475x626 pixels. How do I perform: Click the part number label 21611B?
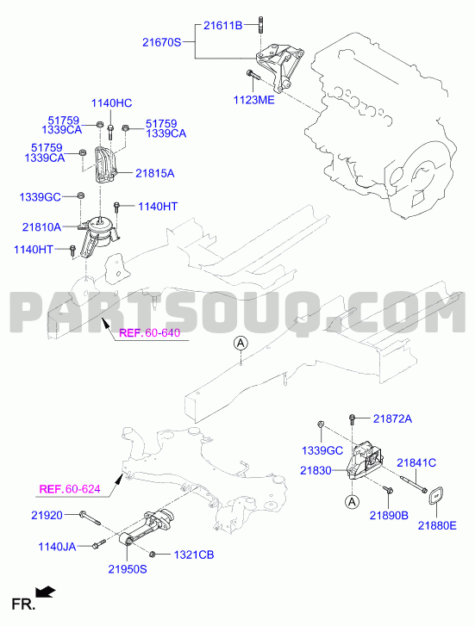click(x=222, y=26)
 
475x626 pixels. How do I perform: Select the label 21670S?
click(x=162, y=42)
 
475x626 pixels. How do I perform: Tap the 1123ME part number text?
click(x=254, y=100)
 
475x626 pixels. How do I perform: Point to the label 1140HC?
click(x=111, y=103)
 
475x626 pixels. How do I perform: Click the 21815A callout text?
click(x=154, y=173)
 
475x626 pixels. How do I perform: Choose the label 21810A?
click(x=41, y=227)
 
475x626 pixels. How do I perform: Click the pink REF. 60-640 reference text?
click(x=150, y=332)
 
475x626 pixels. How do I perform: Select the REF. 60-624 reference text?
click(x=70, y=489)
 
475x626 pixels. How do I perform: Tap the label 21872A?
click(x=392, y=418)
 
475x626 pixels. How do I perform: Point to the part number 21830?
click(x=316, y=471)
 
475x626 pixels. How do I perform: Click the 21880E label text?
click(x=437, y=526)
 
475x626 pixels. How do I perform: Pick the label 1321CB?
click(x=194, y=555)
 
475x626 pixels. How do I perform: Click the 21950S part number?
click(x=128, y=569)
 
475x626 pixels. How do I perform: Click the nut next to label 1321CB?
click(x=153, y=555)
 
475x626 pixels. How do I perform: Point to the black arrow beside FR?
click(x=45, y=592)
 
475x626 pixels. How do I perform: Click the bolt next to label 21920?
click(x=90, y=518)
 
